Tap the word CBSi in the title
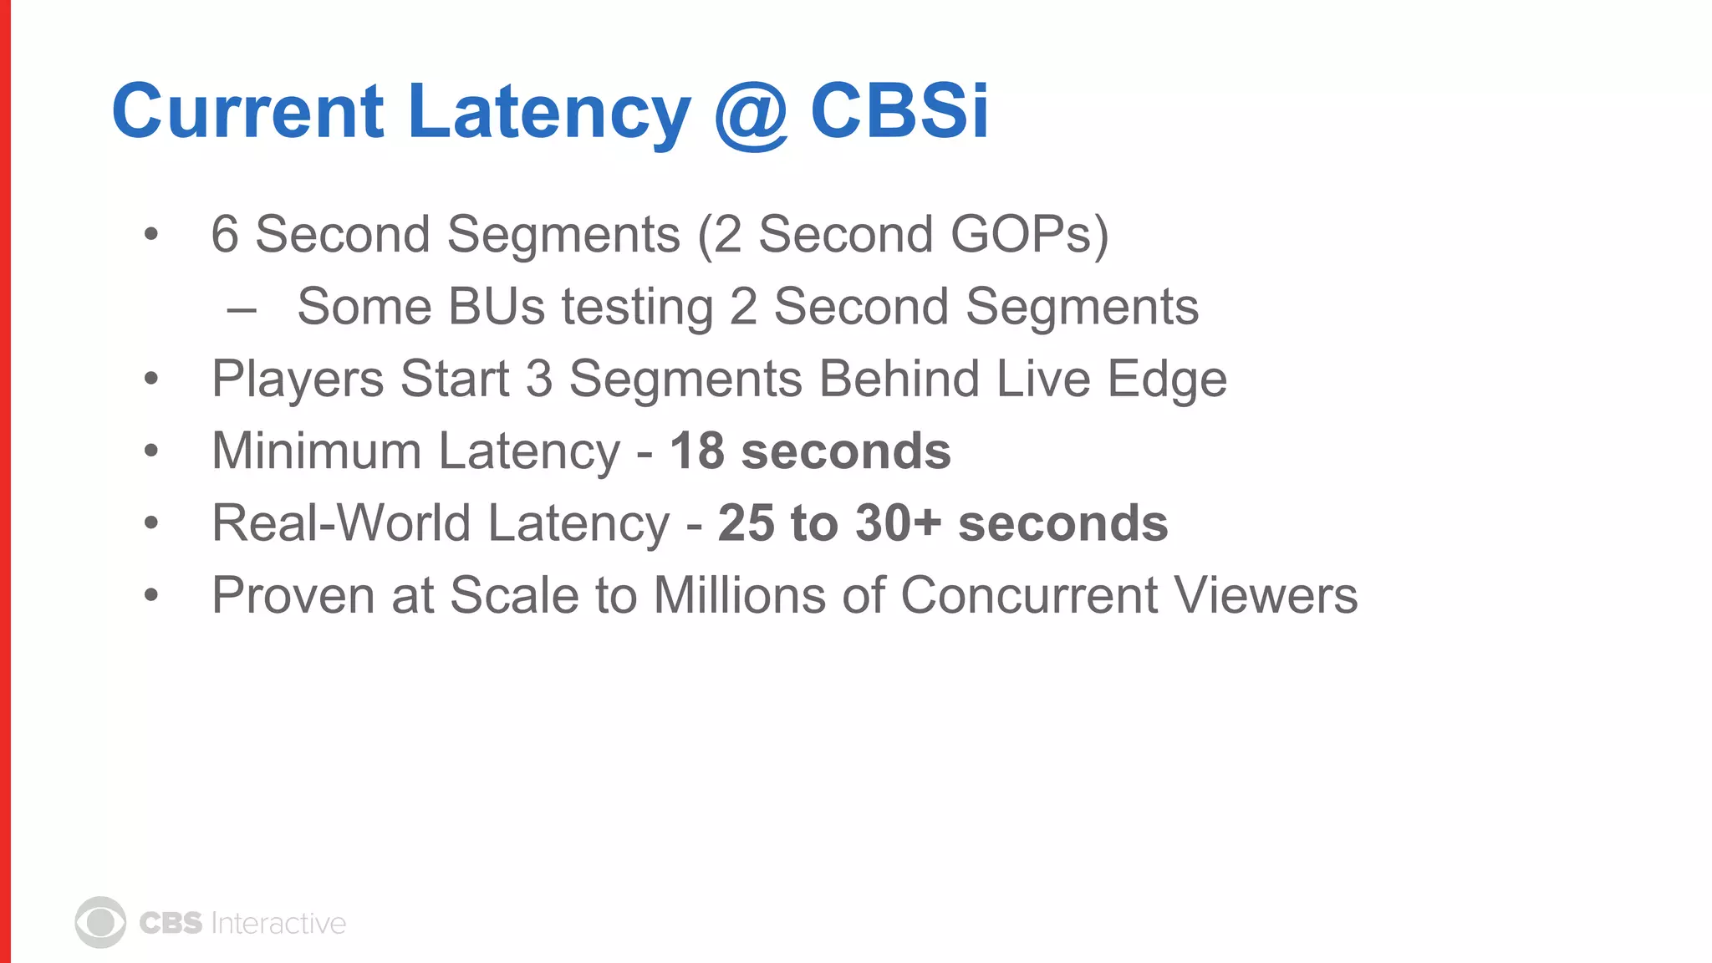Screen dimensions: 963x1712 coord(899,110)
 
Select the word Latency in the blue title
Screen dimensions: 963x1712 coord(549,113)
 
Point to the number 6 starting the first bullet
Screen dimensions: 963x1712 coord(225,234)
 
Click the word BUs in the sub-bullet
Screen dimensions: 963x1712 coord(497,307)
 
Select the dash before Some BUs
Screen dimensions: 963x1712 coord(242,310)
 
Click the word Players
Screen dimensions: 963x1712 coord(298,380)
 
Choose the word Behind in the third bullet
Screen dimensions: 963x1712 coord(899,379)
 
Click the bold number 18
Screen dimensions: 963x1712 coord(696,451)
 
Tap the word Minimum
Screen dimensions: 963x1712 coord(316,451)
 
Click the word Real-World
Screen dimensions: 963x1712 coord(341,523)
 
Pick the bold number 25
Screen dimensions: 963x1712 coord(746,523)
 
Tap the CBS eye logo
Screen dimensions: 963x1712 coord(100,923)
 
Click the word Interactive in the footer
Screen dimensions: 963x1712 coord(278,923)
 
